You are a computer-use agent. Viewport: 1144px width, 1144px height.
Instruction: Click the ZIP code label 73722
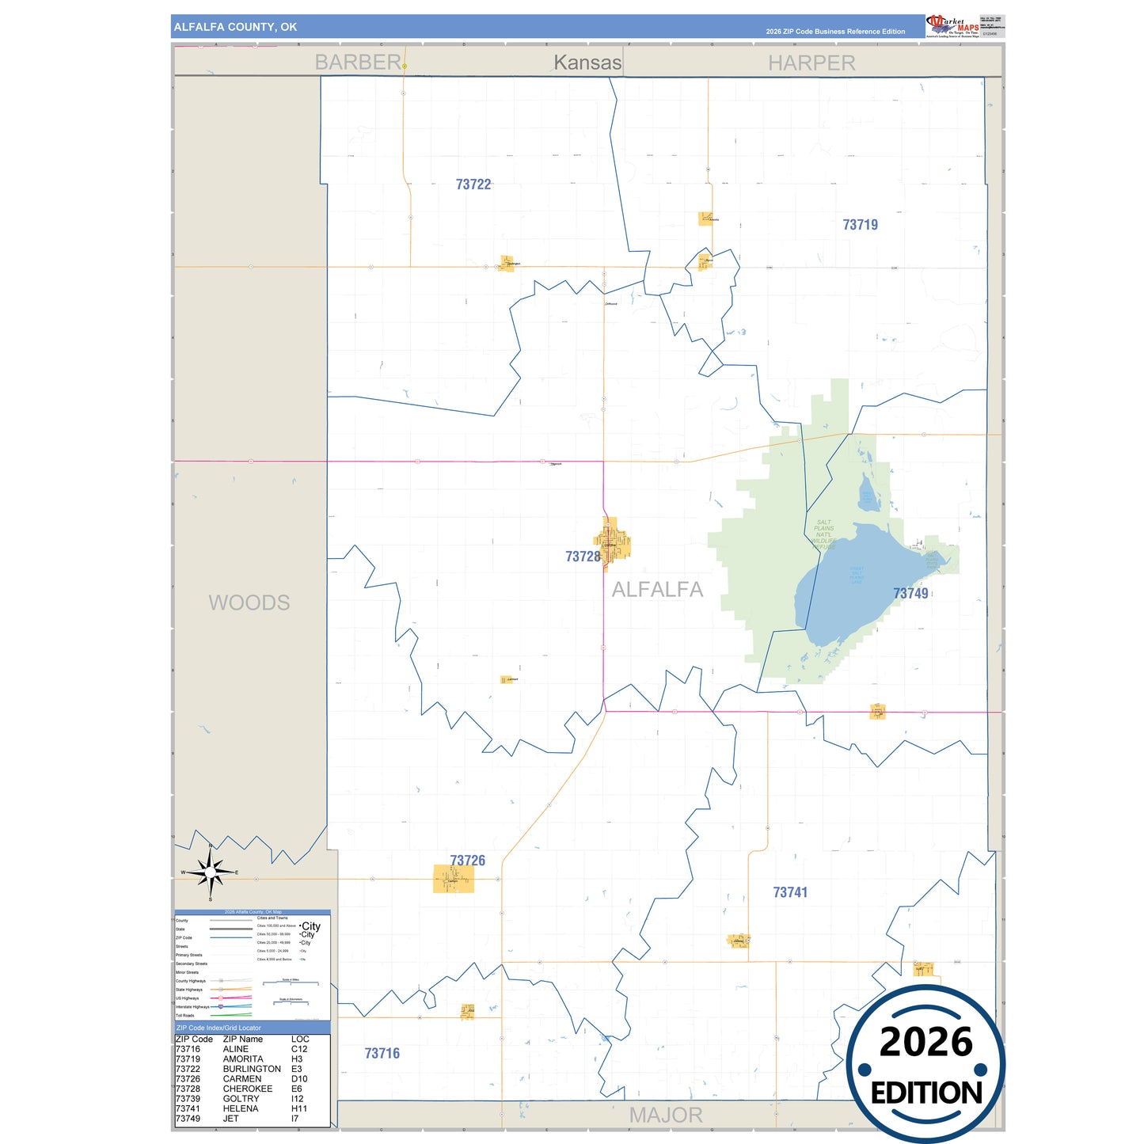click(x=473, y=184)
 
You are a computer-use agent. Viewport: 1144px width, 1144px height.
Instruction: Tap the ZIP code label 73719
click(x=860, y=225)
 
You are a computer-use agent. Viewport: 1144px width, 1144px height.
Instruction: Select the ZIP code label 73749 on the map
click(x=910, y=594)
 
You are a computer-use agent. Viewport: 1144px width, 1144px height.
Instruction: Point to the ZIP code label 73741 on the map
click(x=790, y=893)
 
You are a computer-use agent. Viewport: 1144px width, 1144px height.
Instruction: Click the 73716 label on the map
click(x=382, y=1054)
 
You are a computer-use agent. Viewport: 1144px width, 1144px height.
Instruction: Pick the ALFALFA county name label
click(x=657, y=590)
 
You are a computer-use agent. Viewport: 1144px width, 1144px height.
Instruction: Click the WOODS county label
click(x=249, y=603)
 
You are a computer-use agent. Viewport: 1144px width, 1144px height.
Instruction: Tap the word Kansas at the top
click(x=587, y=63)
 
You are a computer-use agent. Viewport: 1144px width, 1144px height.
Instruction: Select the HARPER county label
click(x=811, y=63)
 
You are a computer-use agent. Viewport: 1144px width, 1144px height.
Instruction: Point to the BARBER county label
click(x=358, y=63)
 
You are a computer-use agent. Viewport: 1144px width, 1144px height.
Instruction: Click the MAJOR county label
click(x=666, y=1115)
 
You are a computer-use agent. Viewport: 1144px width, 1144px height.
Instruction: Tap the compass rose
click(x=211, y=872)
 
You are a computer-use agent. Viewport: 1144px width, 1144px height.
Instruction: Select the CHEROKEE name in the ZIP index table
click(x=248, y=1089)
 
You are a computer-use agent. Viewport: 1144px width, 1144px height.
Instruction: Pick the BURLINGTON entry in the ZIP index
click(x=252, y=1069)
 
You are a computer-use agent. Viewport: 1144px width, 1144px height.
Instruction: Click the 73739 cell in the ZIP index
click(x=188, y=1099)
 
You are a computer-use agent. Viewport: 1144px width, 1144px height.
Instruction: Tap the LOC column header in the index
click(x=300, y=1039)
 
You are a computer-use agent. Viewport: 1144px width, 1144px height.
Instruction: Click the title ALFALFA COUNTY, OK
click(x=236, y=27)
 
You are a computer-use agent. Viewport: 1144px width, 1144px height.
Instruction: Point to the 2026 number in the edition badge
click(x=925, y=1042)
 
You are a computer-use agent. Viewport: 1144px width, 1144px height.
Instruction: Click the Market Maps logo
click(x=952, y=26)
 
